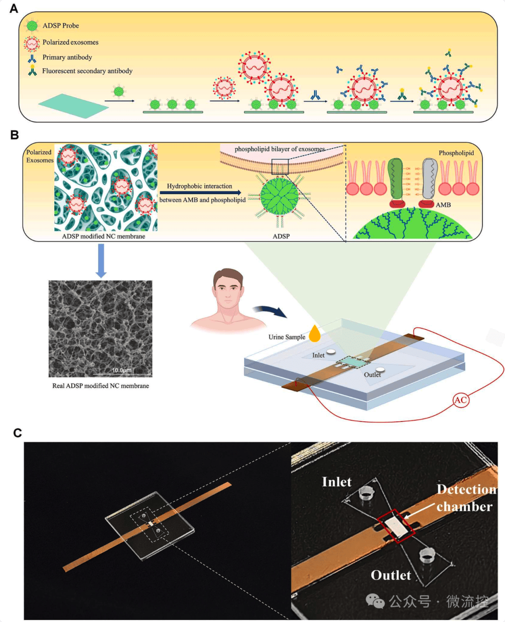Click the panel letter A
(14, 8)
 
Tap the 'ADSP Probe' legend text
(61, 26)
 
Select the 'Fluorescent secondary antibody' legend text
(87, 71)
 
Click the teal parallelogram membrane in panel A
(73, 106)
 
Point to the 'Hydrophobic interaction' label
(200, 186)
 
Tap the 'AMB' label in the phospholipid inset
(443, 205)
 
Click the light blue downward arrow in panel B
(101, 260)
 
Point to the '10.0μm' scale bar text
(122, 370)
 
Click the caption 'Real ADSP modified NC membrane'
(101, 386)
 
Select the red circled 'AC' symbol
(461, 399)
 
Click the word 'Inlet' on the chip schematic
(318, 355)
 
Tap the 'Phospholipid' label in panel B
(456, 153)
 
